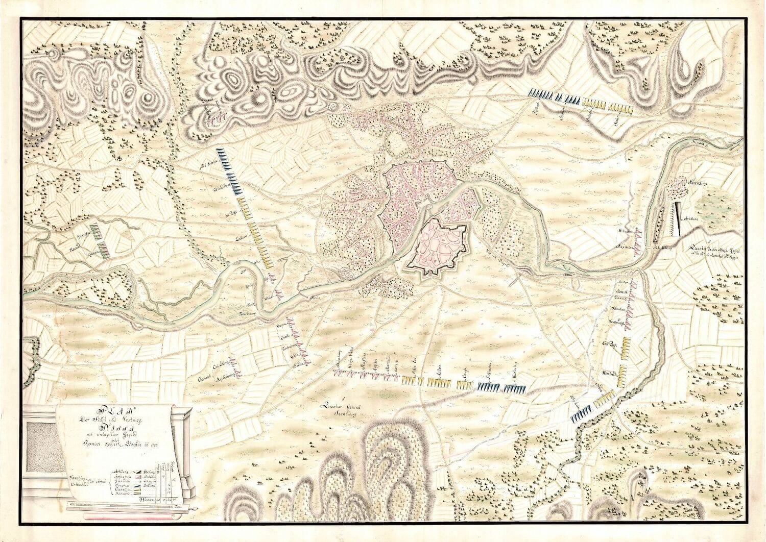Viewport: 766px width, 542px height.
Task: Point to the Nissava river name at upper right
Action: tap(702, 143)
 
